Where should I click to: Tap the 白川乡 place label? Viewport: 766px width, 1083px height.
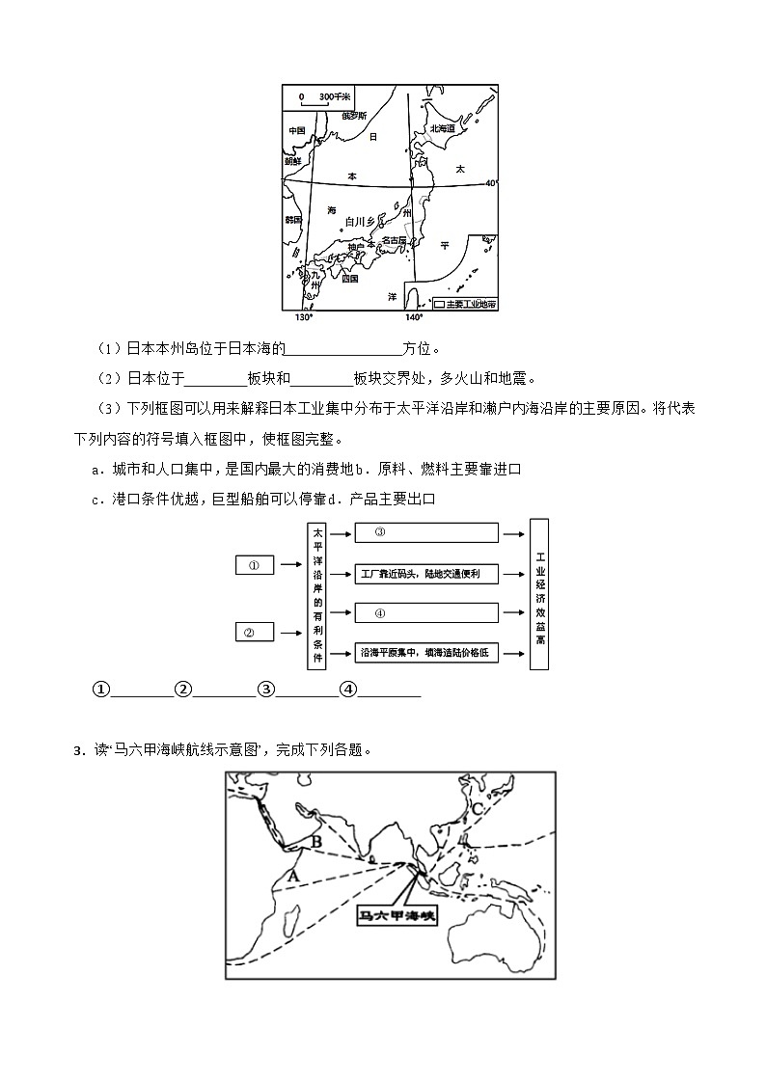point(359,222)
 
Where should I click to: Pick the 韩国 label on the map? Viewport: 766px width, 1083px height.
point(294,220)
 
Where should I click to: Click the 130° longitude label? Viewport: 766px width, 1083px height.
point(303,317)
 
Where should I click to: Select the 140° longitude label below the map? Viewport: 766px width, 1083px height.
point(413,317)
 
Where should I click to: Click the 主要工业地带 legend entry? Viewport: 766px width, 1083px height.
point(464,303)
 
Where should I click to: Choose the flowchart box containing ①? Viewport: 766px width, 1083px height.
point(255,565)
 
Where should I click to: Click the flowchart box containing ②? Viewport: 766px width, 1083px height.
point(255,632)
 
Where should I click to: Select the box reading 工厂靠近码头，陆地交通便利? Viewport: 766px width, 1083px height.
point(426,574)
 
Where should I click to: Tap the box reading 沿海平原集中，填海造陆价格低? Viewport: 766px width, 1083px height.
point(426,653)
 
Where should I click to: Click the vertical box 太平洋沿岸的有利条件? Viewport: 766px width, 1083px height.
point(318,595)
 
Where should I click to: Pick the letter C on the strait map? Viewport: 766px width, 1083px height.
point(477,808)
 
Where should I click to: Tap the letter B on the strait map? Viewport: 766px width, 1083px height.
point(315,841)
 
